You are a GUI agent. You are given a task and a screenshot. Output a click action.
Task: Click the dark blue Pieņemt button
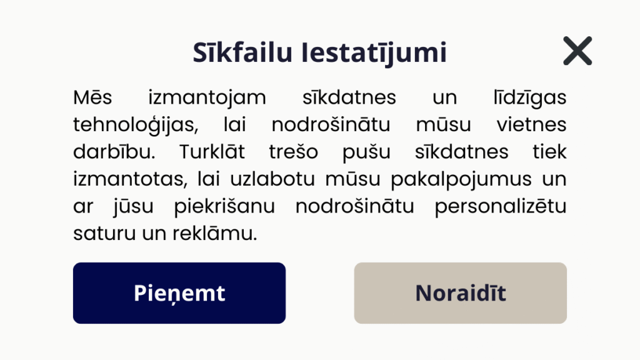point(179,293)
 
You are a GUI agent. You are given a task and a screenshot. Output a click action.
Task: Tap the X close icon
point(577,51)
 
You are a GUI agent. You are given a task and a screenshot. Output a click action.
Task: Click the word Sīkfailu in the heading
point(243,52)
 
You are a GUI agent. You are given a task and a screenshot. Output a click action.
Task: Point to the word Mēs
point(92,97)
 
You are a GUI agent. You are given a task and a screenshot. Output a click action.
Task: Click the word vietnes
point(531,124)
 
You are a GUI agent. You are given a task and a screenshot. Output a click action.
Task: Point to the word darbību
point(114,152)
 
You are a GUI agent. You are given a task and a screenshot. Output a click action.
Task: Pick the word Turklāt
point(212,152)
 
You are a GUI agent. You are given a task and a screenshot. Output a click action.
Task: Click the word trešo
point(294,152)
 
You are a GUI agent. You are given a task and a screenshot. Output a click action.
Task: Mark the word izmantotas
point(130,179)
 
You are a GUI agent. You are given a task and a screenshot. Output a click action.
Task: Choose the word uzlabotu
point(272,179)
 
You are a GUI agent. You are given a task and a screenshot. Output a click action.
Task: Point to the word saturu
point(104,234)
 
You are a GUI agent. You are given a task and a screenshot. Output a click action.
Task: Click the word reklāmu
point(215,234)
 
